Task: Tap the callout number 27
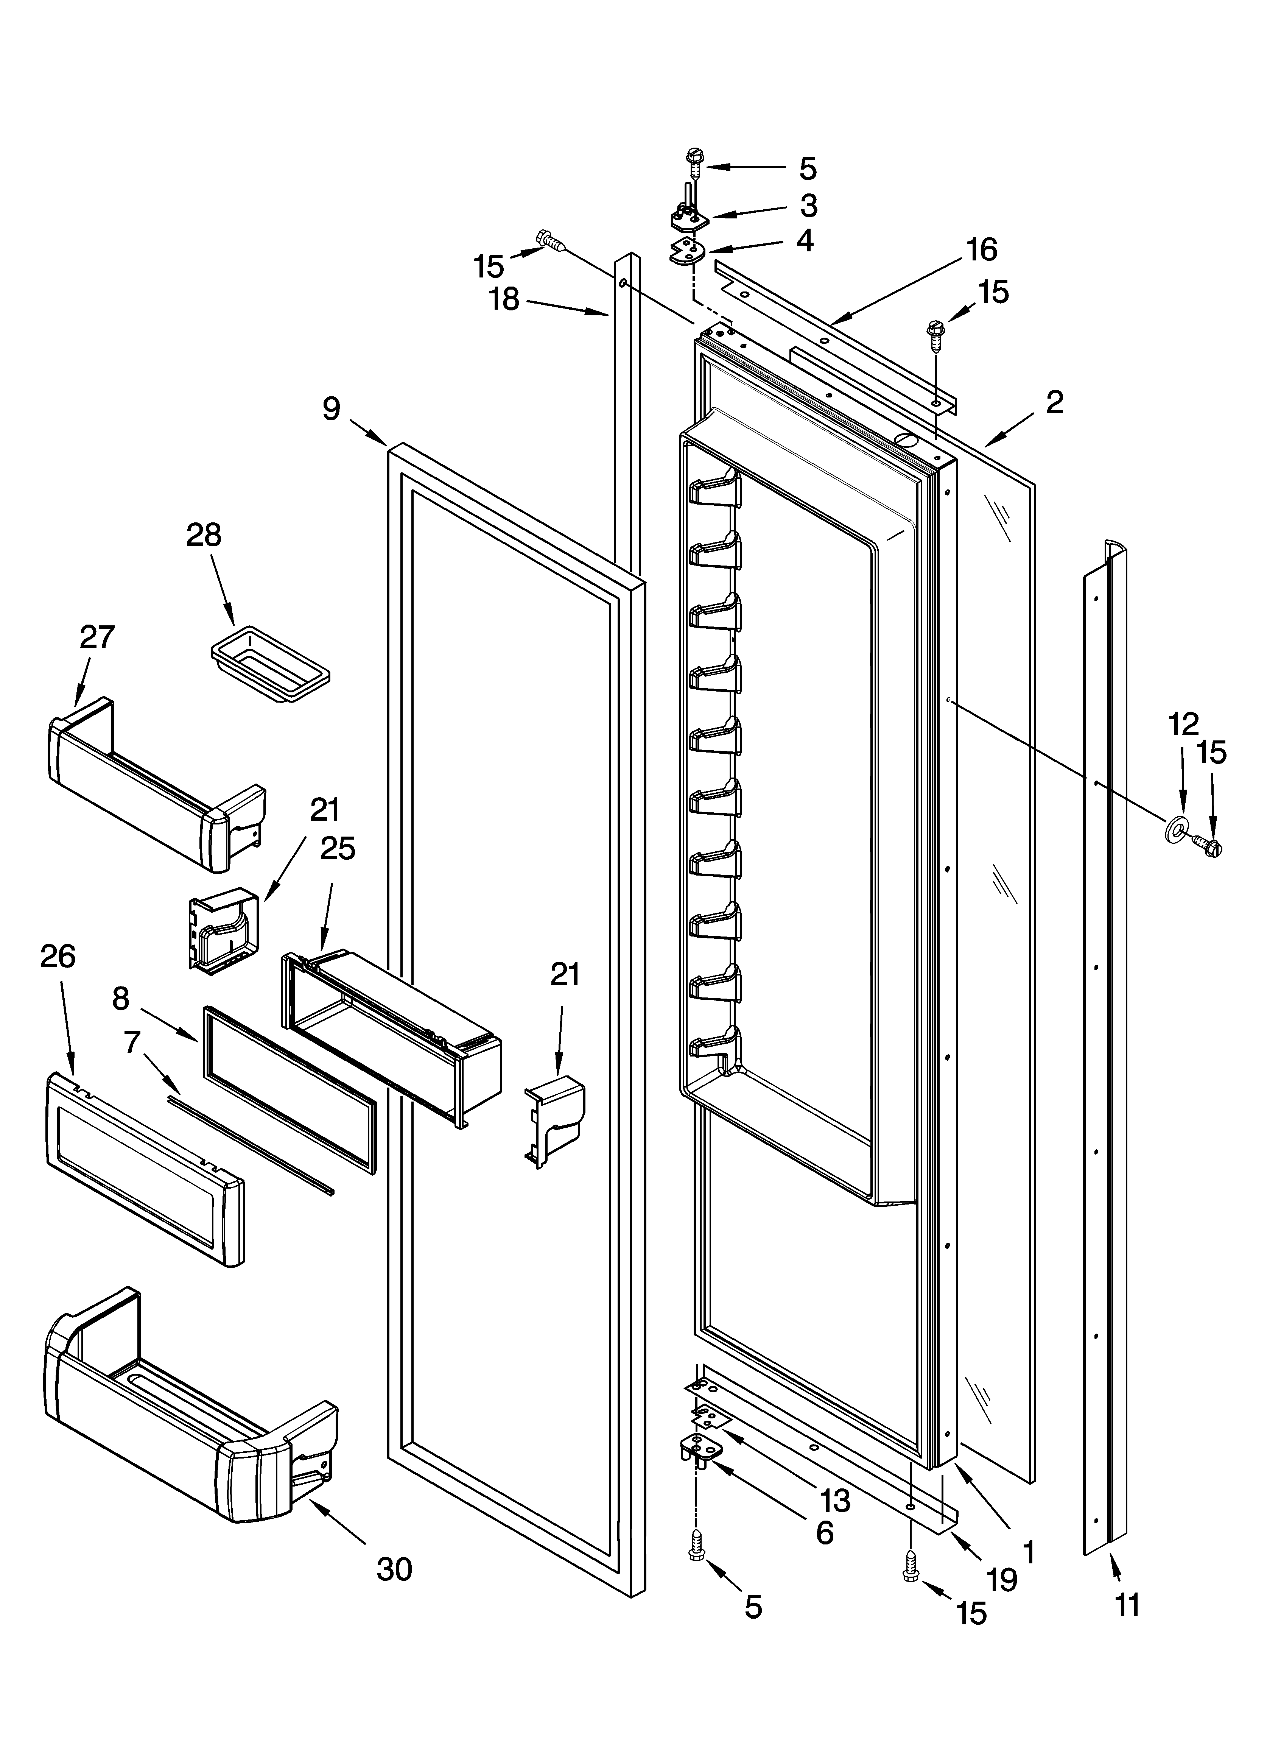97,637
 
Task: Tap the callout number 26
58,957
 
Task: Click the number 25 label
338,849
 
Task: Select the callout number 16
982,249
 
